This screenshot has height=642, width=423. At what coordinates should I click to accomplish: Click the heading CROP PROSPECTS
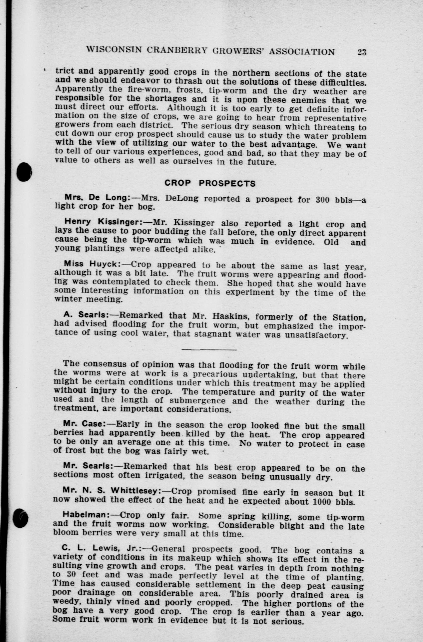[210, 184]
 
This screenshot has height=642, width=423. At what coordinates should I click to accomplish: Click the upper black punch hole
[24, 172]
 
